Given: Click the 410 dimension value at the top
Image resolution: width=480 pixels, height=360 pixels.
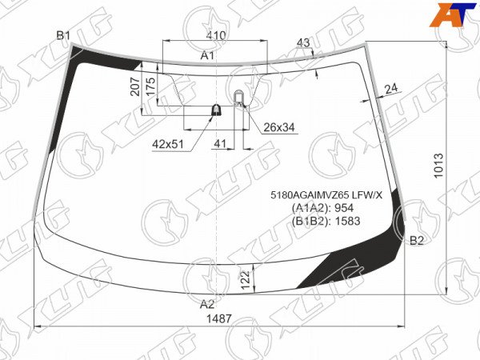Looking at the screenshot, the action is (x=216, y=35).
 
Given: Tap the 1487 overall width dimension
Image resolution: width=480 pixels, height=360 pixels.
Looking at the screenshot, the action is (x=219, y=318).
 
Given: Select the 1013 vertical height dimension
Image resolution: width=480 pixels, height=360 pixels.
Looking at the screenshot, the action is (x=438, y=166).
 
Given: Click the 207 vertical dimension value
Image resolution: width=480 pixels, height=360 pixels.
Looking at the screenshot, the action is (x=135, y=87).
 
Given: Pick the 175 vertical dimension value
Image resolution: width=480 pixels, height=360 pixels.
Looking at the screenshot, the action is (x=150, y=87).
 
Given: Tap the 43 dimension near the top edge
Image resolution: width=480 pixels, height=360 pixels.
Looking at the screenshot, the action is (x=303, y=43).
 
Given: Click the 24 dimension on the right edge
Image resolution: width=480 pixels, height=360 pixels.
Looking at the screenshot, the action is (x=391, y=89).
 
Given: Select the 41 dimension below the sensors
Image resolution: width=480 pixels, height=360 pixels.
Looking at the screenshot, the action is (x=220, y=143).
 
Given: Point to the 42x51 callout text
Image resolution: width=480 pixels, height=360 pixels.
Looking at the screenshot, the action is (x=168, y=143).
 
